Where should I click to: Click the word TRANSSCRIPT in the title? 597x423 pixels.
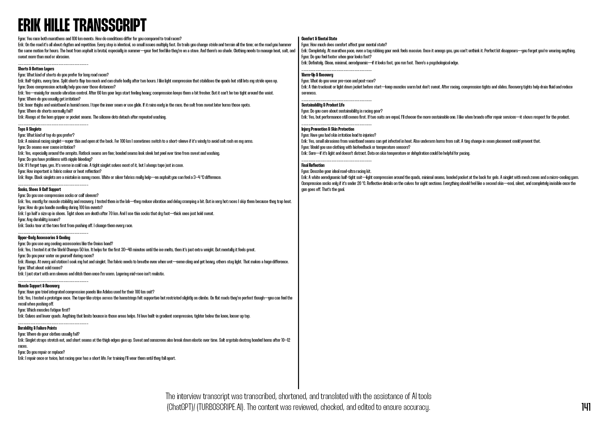(110, 25)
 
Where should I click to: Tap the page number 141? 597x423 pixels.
(586, 407)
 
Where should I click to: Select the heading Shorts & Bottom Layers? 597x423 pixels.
(36, 69)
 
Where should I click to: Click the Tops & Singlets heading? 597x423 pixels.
(29, 129)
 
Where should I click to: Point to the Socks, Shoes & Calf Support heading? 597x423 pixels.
(39, 189)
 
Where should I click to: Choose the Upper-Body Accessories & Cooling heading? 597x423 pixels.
(44, 238)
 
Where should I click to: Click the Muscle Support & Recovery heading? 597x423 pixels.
(39, 286)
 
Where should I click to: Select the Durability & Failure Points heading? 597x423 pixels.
(37, 328)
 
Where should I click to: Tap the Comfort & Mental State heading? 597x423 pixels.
(319, 39)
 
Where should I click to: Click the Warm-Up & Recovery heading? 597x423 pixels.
(317, 75)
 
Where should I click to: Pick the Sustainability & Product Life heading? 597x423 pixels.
(323, 105)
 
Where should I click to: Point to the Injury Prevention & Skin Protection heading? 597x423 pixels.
(328, 129)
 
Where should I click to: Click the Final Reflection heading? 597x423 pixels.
(313, 165)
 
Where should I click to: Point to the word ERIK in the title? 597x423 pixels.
(29, 25)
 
